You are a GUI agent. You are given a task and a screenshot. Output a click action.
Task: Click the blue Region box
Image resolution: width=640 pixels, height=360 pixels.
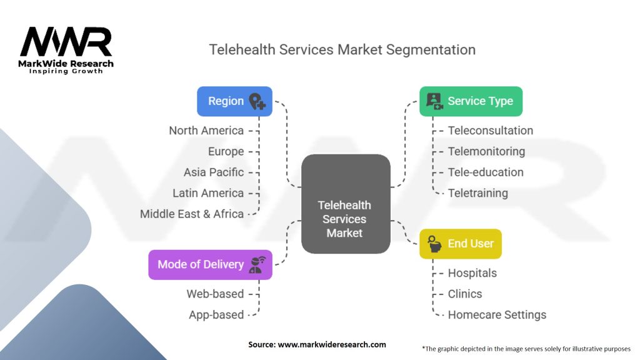(235, 101)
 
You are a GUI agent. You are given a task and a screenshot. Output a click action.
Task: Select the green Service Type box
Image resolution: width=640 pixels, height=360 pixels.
(471, 101)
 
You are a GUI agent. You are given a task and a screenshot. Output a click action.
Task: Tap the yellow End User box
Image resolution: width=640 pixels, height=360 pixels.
(461, 244)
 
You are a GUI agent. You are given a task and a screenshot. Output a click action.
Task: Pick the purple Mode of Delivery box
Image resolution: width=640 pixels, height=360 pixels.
(210, 264)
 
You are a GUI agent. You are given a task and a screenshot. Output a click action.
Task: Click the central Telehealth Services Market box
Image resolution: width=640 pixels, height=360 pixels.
(346, 204)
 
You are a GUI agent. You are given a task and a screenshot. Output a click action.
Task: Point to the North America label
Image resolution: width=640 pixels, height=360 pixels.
(206, 131)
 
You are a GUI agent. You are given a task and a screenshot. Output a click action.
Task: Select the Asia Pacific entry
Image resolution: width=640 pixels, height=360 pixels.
(214, 172)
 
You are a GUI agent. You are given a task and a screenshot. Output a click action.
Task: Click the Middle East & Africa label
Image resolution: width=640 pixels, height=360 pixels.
(192, 214)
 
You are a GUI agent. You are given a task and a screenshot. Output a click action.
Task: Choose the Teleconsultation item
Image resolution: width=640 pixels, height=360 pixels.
(491, 131)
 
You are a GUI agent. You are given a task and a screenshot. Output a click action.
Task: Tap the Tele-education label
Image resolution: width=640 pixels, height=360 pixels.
(486, 172)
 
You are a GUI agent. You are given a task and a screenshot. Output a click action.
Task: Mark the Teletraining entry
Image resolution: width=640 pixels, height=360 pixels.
(478, 193)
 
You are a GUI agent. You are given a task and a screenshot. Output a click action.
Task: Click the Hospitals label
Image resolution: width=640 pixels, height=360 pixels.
(472, 273)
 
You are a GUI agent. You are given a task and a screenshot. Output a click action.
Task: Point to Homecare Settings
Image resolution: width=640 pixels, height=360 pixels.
(497, 315)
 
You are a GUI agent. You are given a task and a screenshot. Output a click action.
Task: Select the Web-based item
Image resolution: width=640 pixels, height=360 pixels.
(215, 294)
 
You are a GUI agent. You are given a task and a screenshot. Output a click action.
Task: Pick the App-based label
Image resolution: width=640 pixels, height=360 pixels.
(216, 315)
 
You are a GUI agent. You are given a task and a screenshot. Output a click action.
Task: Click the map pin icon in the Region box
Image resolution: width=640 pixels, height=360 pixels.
(257, 101)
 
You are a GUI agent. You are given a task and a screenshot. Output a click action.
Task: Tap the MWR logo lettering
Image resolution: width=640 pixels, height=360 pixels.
(66, 42)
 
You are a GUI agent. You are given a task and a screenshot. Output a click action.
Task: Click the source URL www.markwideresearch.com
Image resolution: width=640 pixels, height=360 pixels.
(332, 344)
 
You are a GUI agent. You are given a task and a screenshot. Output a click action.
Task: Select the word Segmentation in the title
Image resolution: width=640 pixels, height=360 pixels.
(431, 50)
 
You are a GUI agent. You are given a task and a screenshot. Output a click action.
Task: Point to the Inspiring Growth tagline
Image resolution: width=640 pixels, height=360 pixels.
(66, 71)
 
